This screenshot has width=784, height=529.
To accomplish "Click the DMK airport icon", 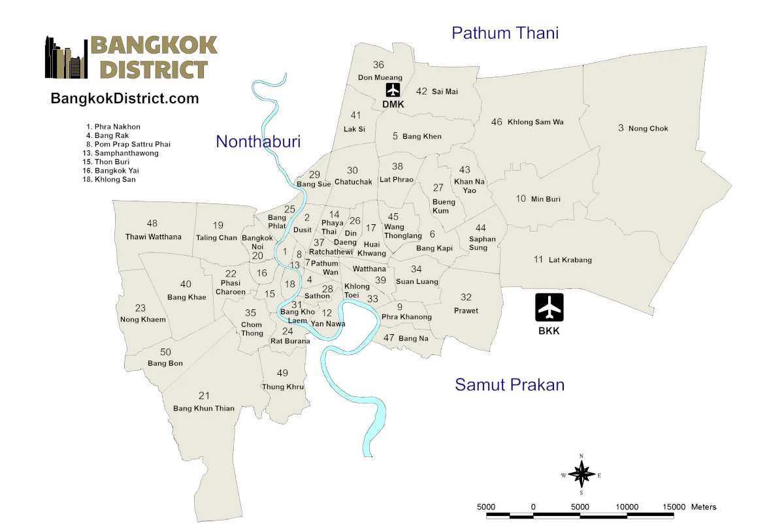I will click(393, 90).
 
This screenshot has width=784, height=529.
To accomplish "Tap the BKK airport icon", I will click(549, 307).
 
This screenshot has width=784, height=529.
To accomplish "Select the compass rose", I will click(581, 474).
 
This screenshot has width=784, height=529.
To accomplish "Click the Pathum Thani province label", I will click(505, 33).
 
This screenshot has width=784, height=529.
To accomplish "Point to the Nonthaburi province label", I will click(258, 141).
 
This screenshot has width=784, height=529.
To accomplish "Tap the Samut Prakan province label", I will click(510, 384).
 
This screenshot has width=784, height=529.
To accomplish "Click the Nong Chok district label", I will click(648, 129).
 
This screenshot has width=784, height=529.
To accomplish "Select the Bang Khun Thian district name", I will click(204, 409).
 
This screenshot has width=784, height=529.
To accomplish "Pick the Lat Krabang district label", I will click(570, 260).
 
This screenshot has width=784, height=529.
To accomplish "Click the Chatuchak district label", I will click(353, 182).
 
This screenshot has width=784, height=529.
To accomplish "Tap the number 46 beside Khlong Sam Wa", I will click(497, 122).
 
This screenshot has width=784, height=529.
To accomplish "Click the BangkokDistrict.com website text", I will click(125, 99).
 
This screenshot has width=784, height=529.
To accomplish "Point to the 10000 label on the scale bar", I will click(627, 507).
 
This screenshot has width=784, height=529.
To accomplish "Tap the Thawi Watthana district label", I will click(154, 237).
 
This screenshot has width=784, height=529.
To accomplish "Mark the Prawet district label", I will click(466, 311).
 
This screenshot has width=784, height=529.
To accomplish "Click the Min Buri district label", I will click(546, 199).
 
